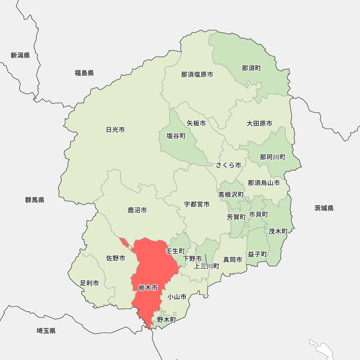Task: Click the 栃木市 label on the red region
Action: point(148,288)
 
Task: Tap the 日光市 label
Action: point(115,130)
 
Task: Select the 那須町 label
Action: point(251,68)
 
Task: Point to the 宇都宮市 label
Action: point(197,204)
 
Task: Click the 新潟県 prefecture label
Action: point(20,55)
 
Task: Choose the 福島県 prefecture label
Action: point(84,73)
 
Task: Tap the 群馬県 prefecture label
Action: point(35,200)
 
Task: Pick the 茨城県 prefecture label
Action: point(324,208)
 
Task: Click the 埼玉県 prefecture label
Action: point(46,331)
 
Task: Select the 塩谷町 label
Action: point(176,136)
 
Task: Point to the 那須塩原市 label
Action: point(197,75)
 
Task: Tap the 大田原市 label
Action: point(259,123)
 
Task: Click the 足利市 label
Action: point(89,283)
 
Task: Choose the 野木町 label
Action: point(166,319)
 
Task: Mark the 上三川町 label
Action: point(206,266)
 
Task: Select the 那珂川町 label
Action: point(273,157)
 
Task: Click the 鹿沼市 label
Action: point(137,210)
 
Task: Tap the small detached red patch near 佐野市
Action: point(124,242)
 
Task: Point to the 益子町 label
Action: point(257,254)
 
